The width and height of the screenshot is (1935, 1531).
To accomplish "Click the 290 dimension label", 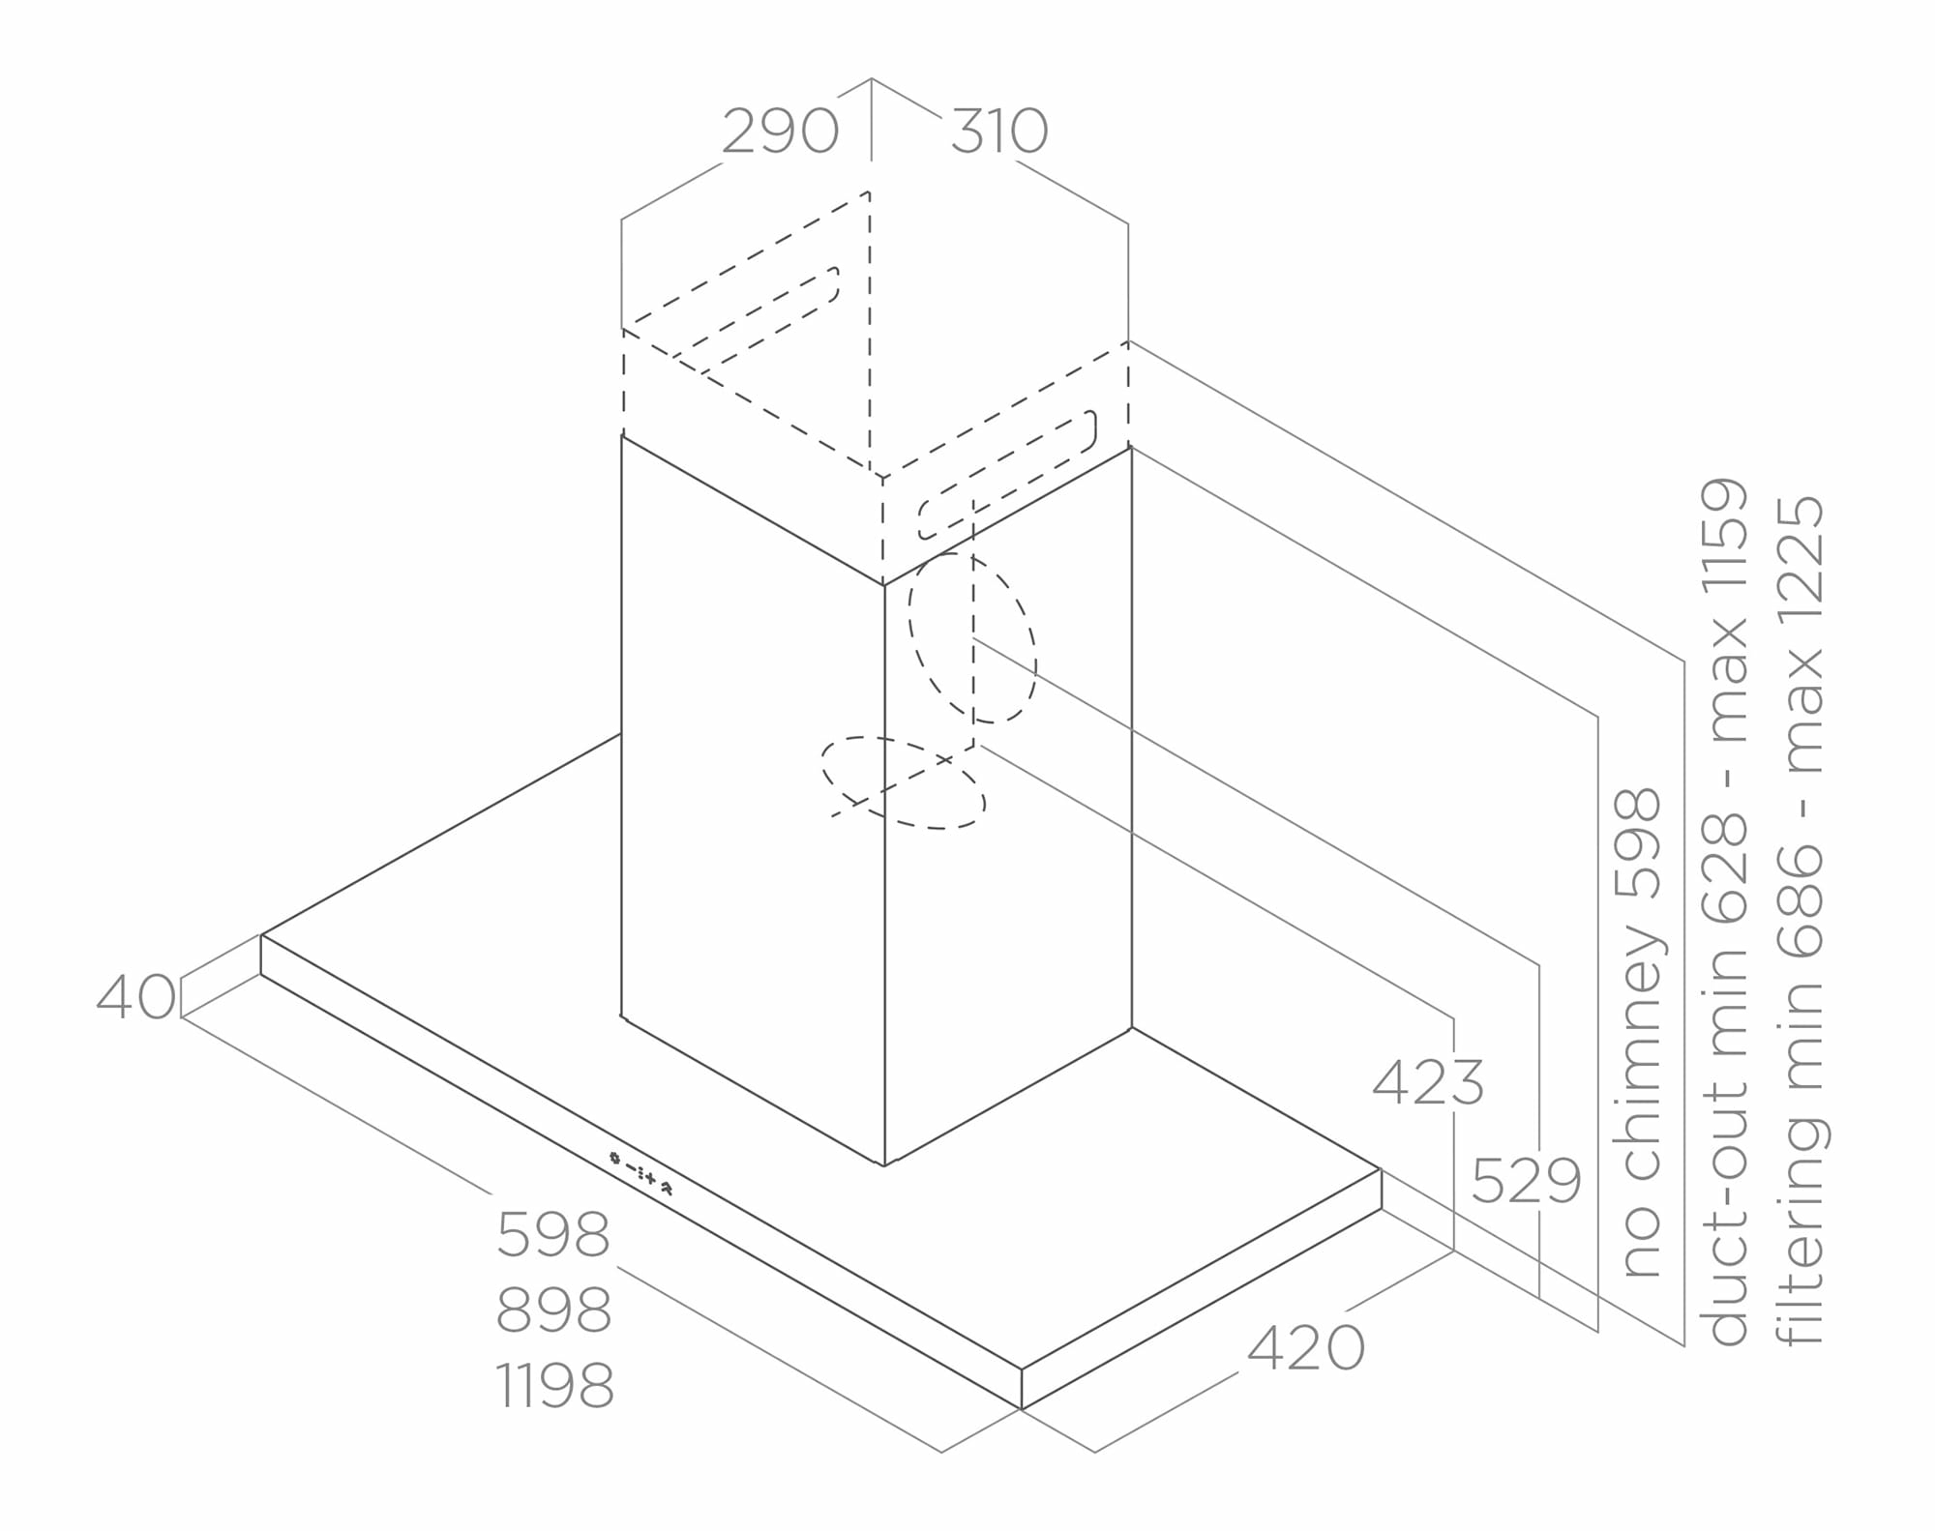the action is coord(780,131).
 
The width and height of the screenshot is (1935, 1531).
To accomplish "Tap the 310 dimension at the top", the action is coord(999,131).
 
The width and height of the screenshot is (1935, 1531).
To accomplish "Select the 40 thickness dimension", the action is coord(136,996).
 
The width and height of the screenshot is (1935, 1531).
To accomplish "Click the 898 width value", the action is coord(553,1310).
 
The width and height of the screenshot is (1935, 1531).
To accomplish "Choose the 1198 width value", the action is coord(553,1385).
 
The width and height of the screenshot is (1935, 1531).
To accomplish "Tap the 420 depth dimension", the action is coord(1305,1347).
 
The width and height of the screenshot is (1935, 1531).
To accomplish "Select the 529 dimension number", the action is coord(1526,1180).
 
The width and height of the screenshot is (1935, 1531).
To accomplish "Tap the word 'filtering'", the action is coord(1801,1232).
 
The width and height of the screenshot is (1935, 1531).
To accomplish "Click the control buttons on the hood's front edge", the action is coord(640,1172).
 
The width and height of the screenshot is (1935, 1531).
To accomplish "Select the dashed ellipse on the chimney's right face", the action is coord(971,637).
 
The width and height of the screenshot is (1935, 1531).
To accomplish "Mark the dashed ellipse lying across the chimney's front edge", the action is coord(903,782).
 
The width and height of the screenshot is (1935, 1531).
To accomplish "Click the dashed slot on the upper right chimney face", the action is coord(1007,475).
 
